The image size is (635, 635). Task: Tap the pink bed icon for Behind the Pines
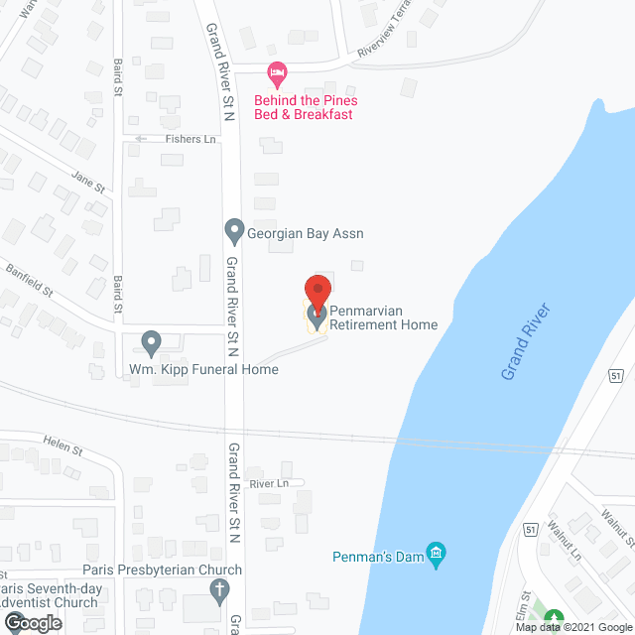(x=278, y=72)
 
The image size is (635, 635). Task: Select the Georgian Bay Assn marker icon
(x=234, y=233)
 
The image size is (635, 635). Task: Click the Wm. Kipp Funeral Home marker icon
(x=151, y=343)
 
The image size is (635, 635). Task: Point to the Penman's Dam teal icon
(x=434, y=552)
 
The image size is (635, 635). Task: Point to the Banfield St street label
(x=29, y=274)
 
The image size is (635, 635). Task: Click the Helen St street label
(x=63, y=447)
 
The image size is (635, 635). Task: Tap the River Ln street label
(x=268, y=483)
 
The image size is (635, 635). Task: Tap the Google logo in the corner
(x=32, y=623)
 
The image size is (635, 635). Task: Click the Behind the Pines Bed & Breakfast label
(x=304, y=107)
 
